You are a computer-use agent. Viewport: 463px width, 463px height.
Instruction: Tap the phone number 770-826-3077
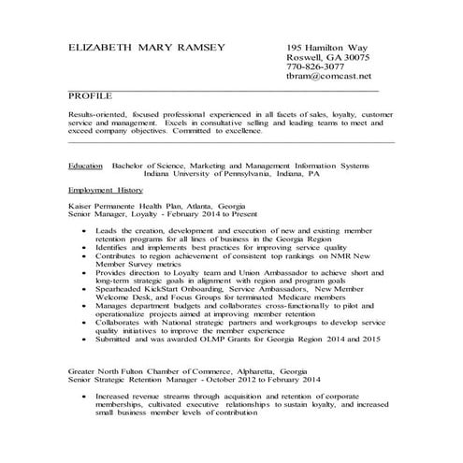click(x=316, y=67)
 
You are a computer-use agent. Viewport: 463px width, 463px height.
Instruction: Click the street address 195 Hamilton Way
click(x=327, y=48)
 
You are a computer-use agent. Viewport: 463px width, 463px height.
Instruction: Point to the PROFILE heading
click(x=90, y=96)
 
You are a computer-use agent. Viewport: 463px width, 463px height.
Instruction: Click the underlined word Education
click(x=85, y=164)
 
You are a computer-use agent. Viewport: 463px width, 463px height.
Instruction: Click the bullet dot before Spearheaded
click(x=87, y=288)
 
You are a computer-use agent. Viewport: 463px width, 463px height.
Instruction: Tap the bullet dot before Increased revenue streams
click(x=87, y=397)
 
